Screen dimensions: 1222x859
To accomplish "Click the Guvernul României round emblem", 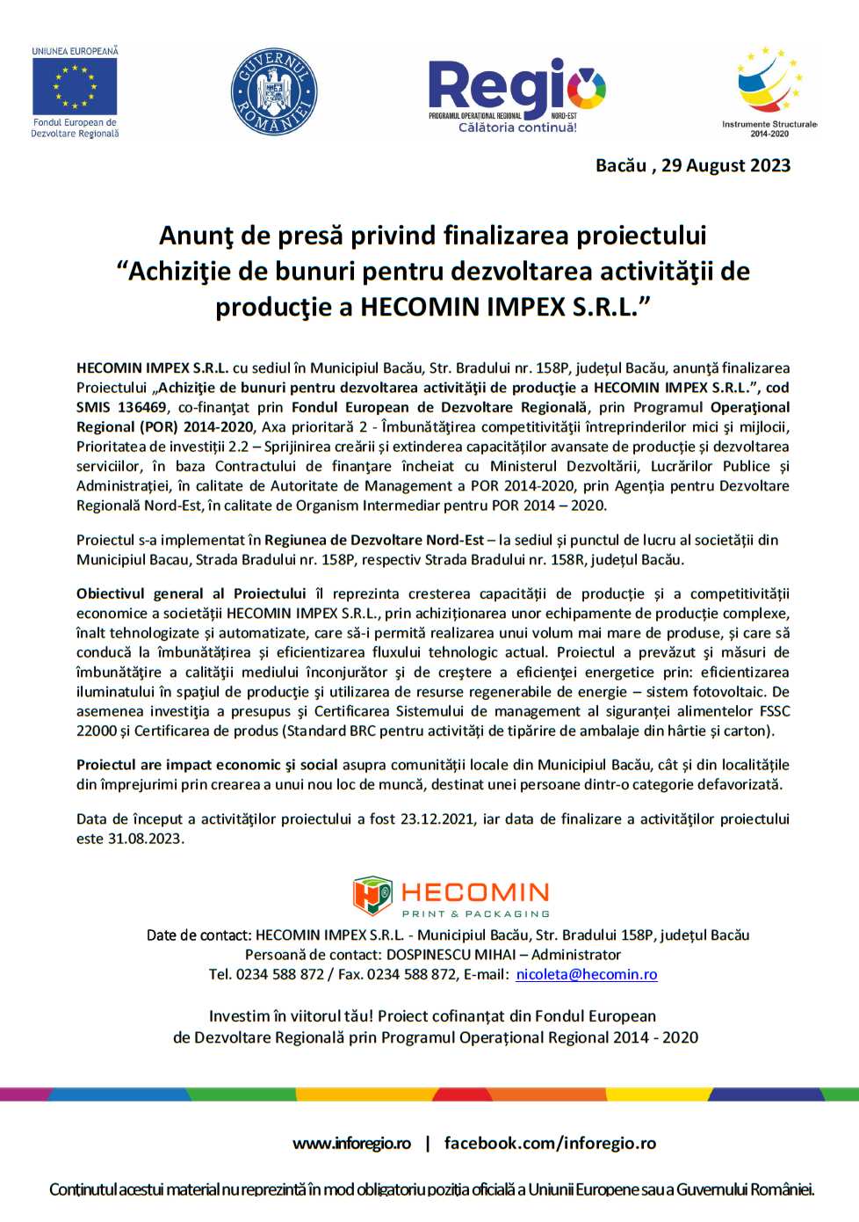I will click(274, 91).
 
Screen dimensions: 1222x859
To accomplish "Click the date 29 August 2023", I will click(725, 165).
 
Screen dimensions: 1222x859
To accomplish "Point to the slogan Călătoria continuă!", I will click(517, 127).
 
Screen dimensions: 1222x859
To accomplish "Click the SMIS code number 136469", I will click(142, 407).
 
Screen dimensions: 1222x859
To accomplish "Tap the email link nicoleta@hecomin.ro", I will click(587, 974).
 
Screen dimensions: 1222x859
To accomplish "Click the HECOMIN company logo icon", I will click(372, 896).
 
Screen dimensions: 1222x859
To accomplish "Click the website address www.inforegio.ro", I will click(351, 1143).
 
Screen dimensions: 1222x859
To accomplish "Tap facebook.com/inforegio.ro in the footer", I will click(550, 1143).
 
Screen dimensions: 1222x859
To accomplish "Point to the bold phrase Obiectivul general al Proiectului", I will click(191, 593).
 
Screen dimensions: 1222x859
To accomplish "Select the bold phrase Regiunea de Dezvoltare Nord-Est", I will click(374, 540).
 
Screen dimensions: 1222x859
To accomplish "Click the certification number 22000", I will click(96, 731).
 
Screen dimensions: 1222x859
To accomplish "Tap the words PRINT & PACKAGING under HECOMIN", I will click(475, 914).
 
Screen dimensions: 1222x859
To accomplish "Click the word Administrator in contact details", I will click(576, 955).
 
